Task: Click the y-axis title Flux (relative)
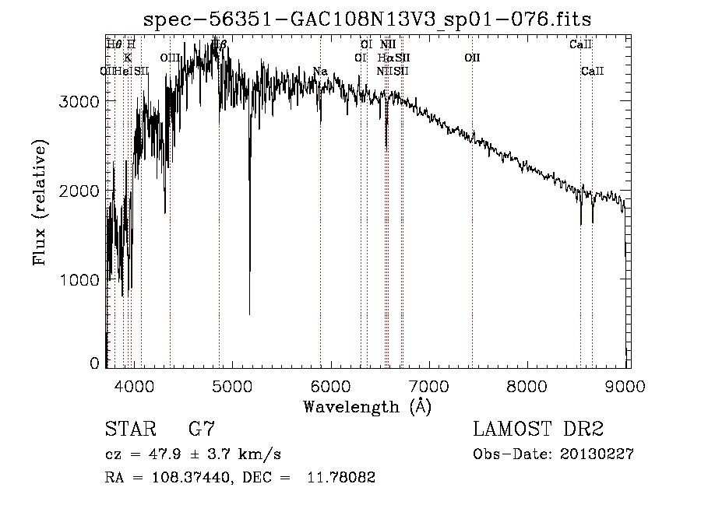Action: coord(40,202)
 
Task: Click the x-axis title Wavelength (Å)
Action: coord(367,406)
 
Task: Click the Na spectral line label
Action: coord(320,72)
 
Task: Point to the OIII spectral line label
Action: coord(170,58)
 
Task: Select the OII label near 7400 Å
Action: coord(472,58)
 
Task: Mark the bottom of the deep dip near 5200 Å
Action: coord(249,314)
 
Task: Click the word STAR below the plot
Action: coord(129,429)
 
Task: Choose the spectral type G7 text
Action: coord(201,429)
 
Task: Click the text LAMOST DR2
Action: coord(537,429)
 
